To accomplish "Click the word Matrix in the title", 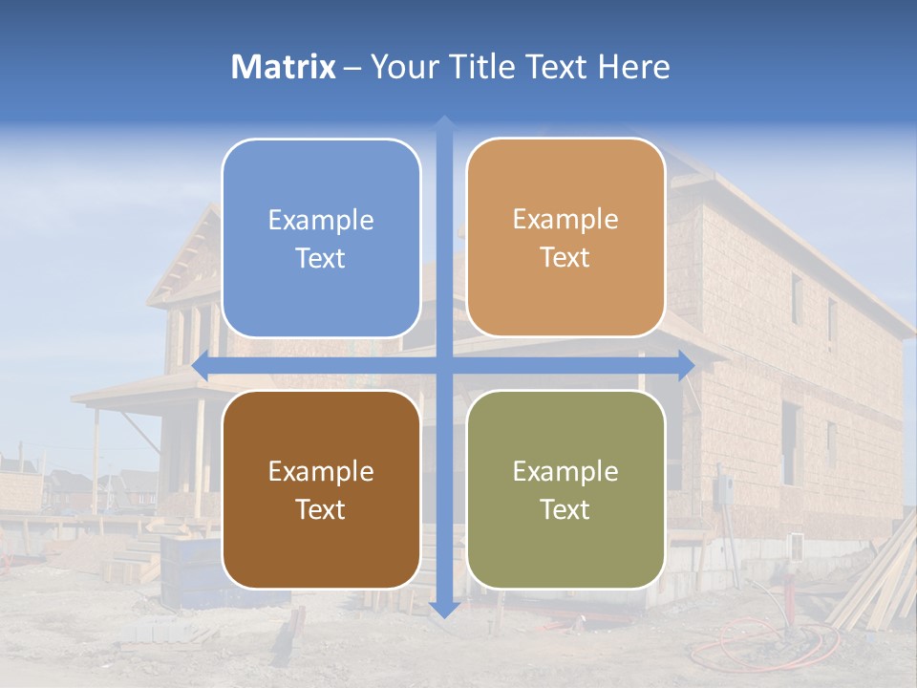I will click(x=284, y=67).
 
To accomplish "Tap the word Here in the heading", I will click(x=633, y=67).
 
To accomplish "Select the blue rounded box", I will click(x=321, y=238).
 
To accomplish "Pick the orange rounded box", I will click(x=565, y=238).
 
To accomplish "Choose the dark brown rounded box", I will click(x=321, y=489).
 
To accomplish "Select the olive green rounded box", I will click(x=565, y=489).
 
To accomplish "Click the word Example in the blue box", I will click(x=321, y=220).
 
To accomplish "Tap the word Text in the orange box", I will click(x=565, y=258).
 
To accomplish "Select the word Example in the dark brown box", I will click(x=321, y=471).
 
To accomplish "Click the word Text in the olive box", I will click(x=565, y=509).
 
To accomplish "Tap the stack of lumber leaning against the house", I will click(x=874, y=583).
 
